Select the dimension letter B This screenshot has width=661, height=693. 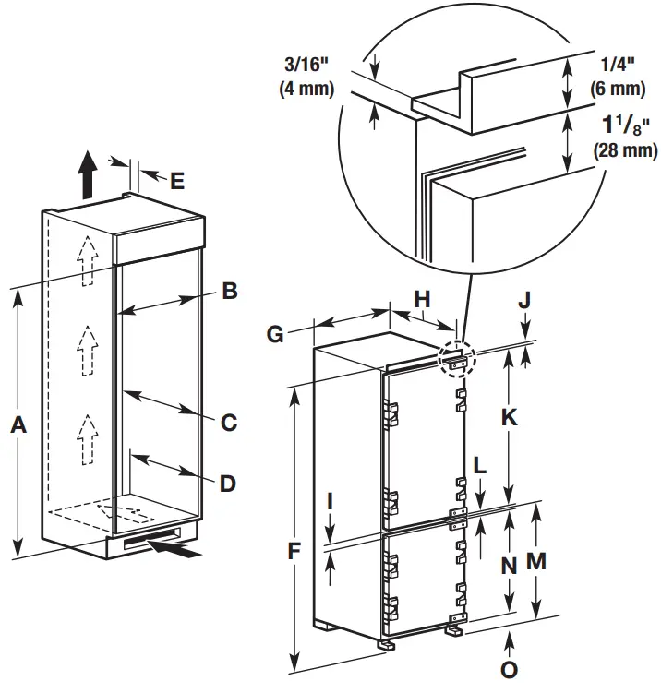[x=230, y=292]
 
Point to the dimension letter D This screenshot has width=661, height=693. [x=227, y=483]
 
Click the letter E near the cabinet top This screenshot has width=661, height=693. [x=177, y=180]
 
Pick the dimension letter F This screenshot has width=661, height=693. [x=294, y=552]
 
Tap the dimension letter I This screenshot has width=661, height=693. [x=332, y=503]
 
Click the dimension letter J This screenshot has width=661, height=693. [x=524, y=302]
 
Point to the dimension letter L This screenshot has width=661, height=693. [x=479, y=466]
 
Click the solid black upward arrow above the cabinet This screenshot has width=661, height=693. [x=87, y=176]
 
